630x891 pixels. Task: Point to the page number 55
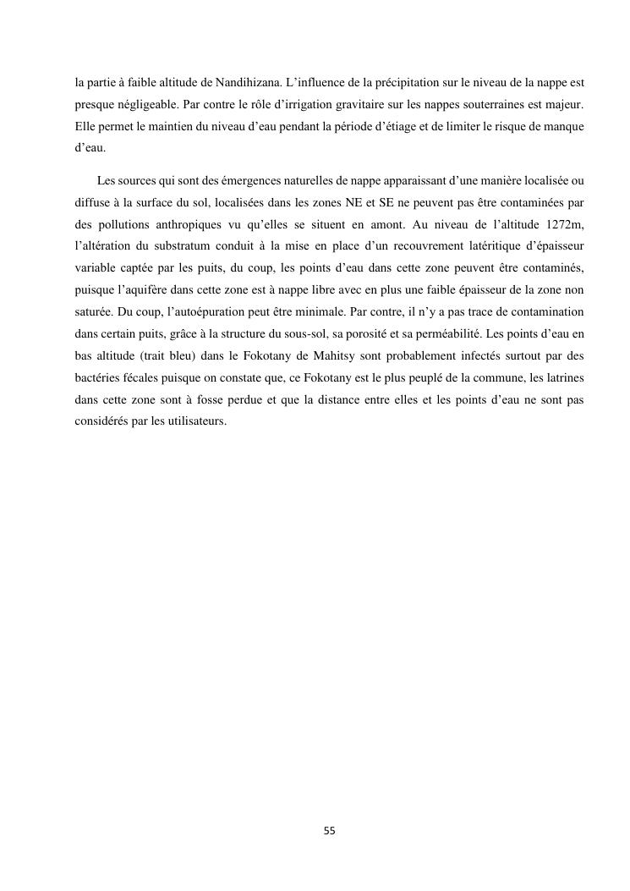[330, 831]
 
